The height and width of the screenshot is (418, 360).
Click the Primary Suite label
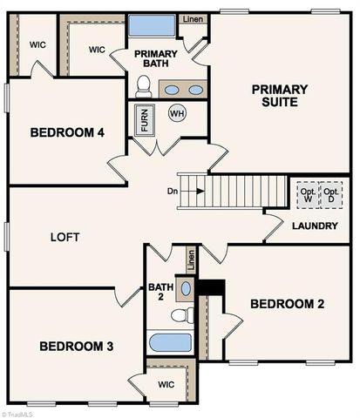point(280,95)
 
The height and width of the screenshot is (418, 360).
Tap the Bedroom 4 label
point(67,133)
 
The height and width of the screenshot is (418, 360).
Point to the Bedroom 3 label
point(77,346)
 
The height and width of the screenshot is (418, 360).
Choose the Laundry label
point(315,226)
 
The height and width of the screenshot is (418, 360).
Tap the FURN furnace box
point(143,118)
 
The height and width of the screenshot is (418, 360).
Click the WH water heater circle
point(177,114)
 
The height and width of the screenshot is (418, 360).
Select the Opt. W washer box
point(306,194)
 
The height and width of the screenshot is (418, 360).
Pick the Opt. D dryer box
point(331,194)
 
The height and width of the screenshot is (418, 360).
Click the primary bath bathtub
point(152,25)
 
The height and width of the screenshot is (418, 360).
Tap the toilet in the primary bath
point(144,86)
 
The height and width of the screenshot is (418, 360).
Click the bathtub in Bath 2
point(170,342)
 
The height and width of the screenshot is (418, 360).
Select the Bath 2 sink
point(186,288)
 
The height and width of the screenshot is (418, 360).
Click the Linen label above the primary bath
point(193,19)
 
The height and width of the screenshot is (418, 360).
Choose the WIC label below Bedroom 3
point(166,384)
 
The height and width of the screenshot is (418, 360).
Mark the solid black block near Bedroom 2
point(210,287)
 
